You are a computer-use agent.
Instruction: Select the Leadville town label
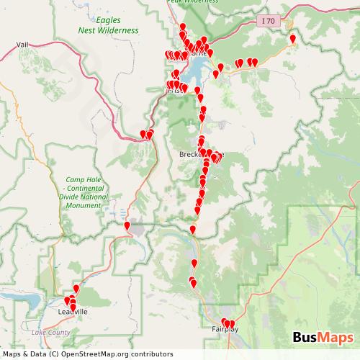coord(72,312)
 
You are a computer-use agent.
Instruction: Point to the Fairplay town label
coord(225,329)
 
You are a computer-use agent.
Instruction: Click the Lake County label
coord(51,332)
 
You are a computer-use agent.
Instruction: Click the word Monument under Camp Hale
coord(84,205)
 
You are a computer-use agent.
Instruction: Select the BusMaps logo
coord(323,338)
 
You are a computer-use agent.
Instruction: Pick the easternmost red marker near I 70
coord(292,39)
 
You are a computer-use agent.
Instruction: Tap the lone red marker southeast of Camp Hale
coord(127,226)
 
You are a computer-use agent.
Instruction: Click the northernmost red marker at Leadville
coord(76,289)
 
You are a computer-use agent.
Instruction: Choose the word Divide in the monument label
coord(75,197)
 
